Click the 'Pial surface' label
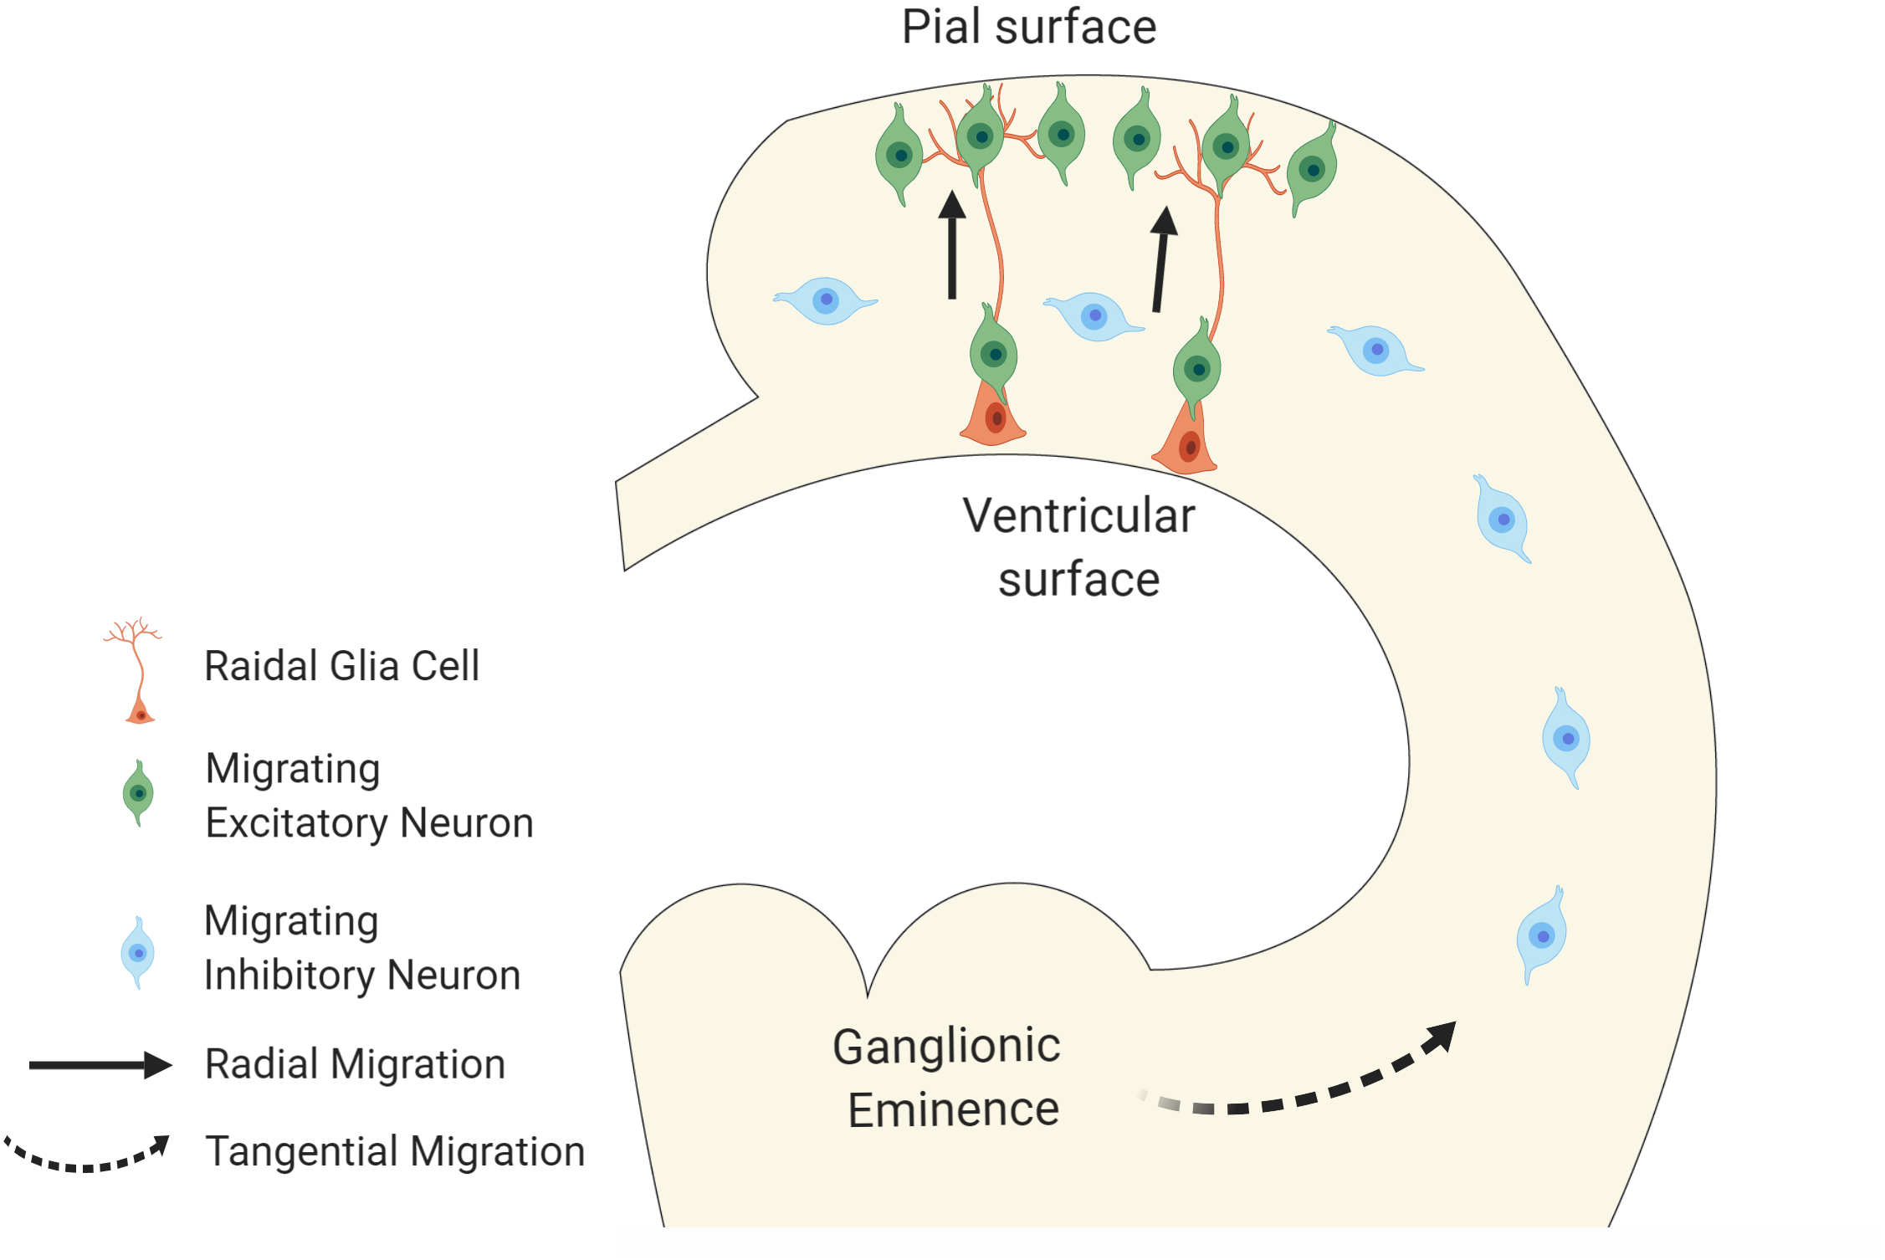click(x=1028, y=28)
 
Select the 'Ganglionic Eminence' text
click(x=948, y=1078)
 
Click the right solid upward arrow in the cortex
click(x=1161, y=259)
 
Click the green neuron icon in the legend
click(x=138, y=792)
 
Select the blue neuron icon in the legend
click(x=137, y=952)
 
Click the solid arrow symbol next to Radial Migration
click(x=100, y=1064)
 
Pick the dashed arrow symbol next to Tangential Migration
click(x=88, y=1155)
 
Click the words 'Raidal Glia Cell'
click(x=341, y=666)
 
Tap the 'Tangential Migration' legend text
click(x=395, y=1151)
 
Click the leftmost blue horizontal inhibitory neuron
click(x=825, y=300)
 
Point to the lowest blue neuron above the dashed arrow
click(x=1540, y=935)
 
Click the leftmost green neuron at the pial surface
click(x=899, y=155)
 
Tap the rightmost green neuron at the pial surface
click(x=1311, y=170)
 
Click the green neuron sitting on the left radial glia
click(x=993, y=354)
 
